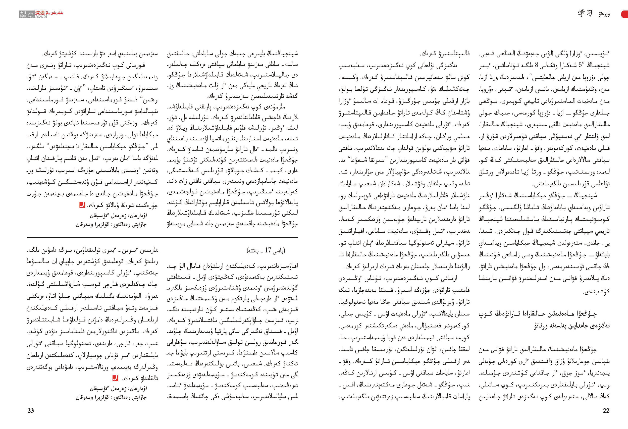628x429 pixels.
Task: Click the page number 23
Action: point(31,411)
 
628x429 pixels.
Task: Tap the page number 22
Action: point(606,411)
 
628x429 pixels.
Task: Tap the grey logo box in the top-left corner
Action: point(27,14)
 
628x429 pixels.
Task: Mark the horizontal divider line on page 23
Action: point(162,237)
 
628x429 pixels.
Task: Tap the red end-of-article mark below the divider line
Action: point(115,378)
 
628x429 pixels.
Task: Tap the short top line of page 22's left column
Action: point(445,53)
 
